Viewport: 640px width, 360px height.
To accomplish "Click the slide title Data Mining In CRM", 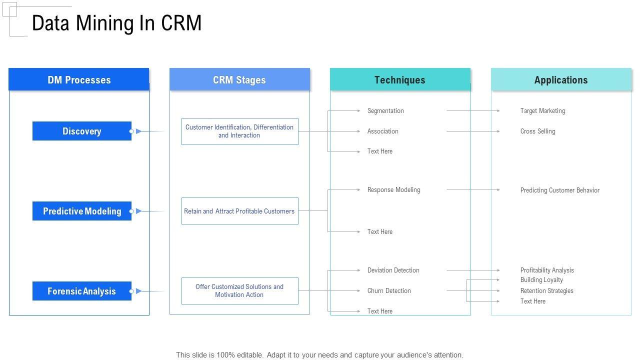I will pyautogui.click(x=116, y=23).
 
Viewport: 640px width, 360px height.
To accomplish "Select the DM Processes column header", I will pyautogui.click(x=79, y=80).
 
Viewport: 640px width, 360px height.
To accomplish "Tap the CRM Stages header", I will pyautogui.click(x=239, y=80).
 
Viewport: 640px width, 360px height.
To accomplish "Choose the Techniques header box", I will pyautogui.click(x=400, y=80).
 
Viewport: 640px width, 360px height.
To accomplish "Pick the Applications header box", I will pyautogui.click(x=561, y=80).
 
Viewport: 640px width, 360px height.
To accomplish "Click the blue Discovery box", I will pyautogui.click(x=82, y=131).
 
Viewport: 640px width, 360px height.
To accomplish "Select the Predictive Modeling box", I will pyautogui.click(x=82, y=211).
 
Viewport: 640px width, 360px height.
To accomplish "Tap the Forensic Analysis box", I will pyautogui.click(x=82, y=291).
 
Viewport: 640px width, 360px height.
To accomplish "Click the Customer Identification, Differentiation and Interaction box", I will pyautogui.click(x=239, y=131).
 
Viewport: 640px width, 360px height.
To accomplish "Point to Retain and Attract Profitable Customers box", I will pyautogui.click(x=239, y=211).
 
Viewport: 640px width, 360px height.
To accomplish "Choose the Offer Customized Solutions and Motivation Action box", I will pyautogui.click(x=239, y=291).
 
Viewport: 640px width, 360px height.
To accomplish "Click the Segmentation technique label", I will pyautogui.click(x=385, y=111).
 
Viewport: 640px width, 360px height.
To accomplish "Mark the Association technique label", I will pyautogui.click(x=383, y=131).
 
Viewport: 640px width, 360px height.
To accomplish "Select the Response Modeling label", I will pyautogui.click(x=394, y=190).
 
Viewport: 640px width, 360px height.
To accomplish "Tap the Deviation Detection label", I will pyautogui.click(x=393, y=270).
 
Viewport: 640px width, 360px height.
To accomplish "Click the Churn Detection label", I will pyautogui.click(x=389, y=291).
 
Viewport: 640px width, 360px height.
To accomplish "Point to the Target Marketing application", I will pyautogui.click(x=542, y=111).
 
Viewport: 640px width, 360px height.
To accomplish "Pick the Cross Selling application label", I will pyautogui.click(x=537, y=131).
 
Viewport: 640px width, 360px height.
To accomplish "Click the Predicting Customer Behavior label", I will pyautogui.click(x=560, y=190).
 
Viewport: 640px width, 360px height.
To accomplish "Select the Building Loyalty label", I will pyautogui.click(x=541, y=280).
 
